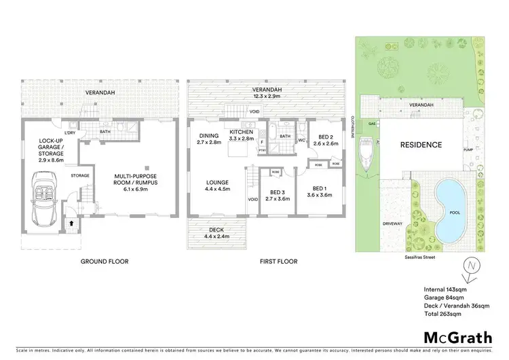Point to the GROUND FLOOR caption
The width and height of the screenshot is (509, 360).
point(105,262)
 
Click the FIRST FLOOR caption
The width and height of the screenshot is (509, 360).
point(278,262)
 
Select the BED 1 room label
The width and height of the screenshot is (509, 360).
point(318,191)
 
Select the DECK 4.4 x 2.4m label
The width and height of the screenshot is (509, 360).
point(216,234)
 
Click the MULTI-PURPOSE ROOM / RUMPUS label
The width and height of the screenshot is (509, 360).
point(131,180)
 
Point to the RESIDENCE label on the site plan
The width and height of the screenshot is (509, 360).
point(420,145)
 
